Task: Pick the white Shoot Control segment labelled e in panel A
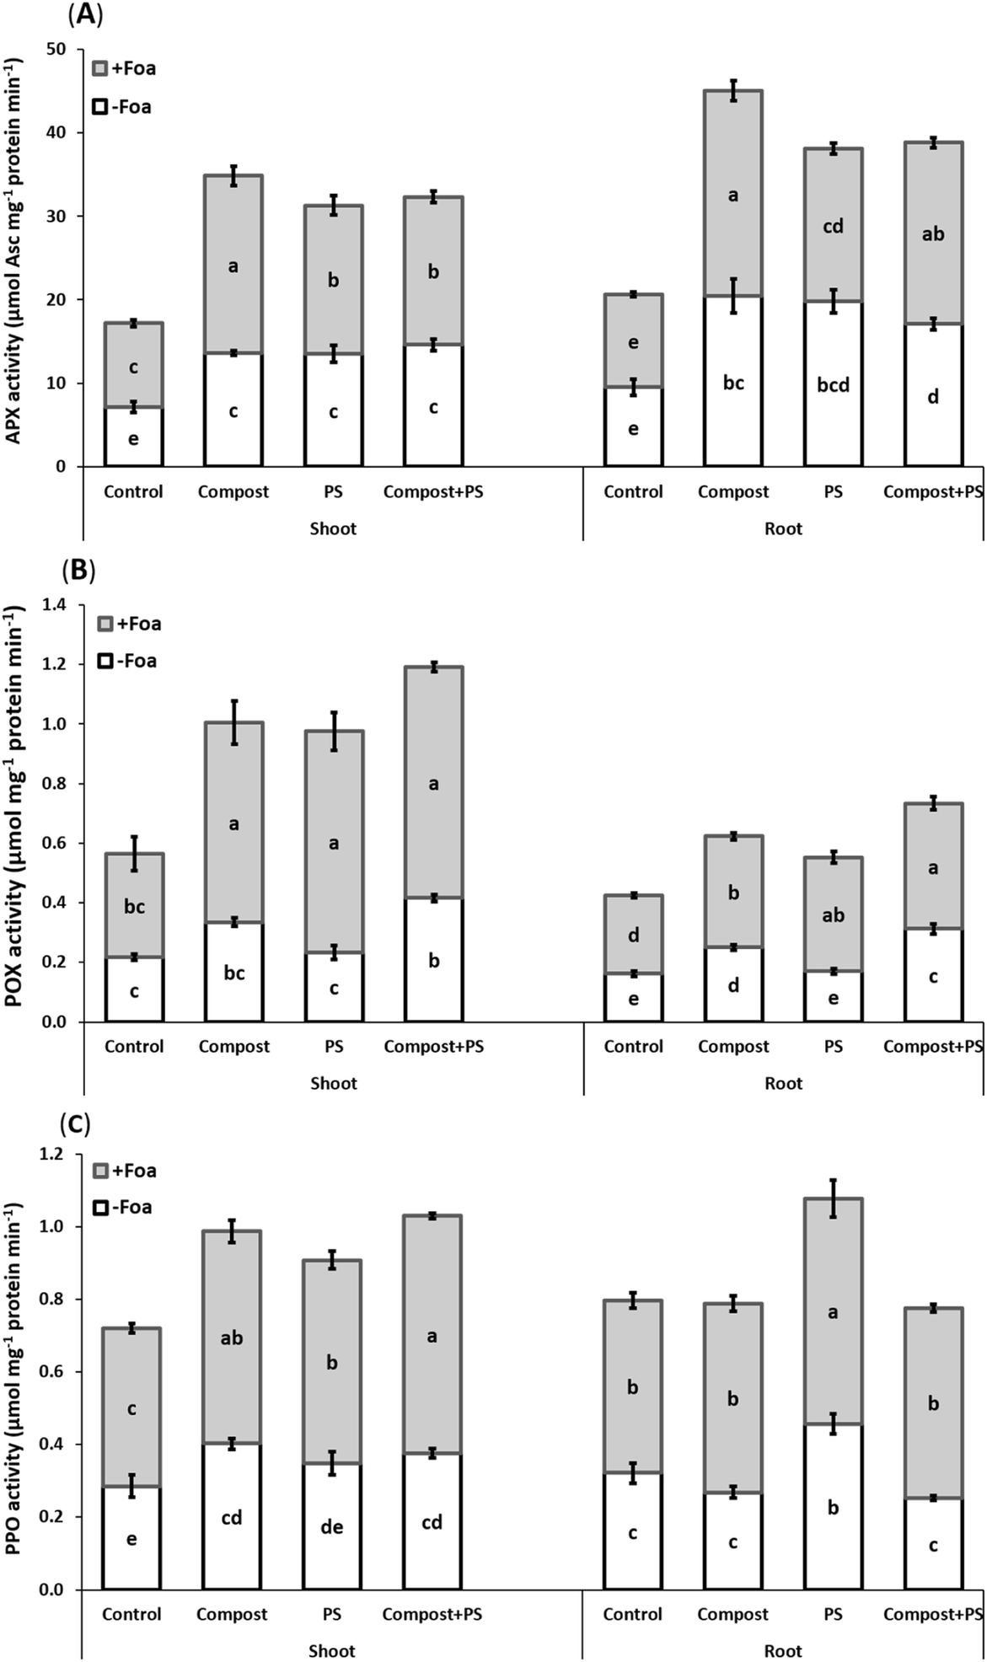133,437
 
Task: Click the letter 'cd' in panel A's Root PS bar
833,226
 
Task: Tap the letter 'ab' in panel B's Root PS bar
833,914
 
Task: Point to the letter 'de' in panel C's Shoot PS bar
332,1527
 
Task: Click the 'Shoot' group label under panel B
333,1083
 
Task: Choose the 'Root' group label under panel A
783,528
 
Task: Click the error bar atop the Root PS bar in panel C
833,1198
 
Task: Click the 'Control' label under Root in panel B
633,1047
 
